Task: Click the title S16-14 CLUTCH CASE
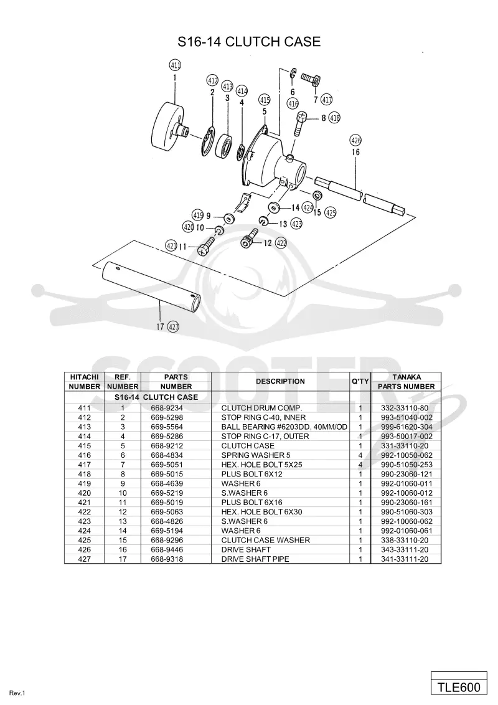249,41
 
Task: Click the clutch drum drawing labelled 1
169,130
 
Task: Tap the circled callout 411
175,65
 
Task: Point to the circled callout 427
173,326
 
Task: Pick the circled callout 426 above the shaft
355,140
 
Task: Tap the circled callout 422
281,244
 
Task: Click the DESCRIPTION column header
281,381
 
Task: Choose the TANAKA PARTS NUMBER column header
406,382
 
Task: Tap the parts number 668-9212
167,445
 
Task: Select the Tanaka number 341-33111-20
405,559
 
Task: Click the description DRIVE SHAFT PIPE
255,559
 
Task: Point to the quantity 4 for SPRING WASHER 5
360,455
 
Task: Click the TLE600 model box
459,687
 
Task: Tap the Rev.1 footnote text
17,693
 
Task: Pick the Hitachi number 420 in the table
85,493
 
